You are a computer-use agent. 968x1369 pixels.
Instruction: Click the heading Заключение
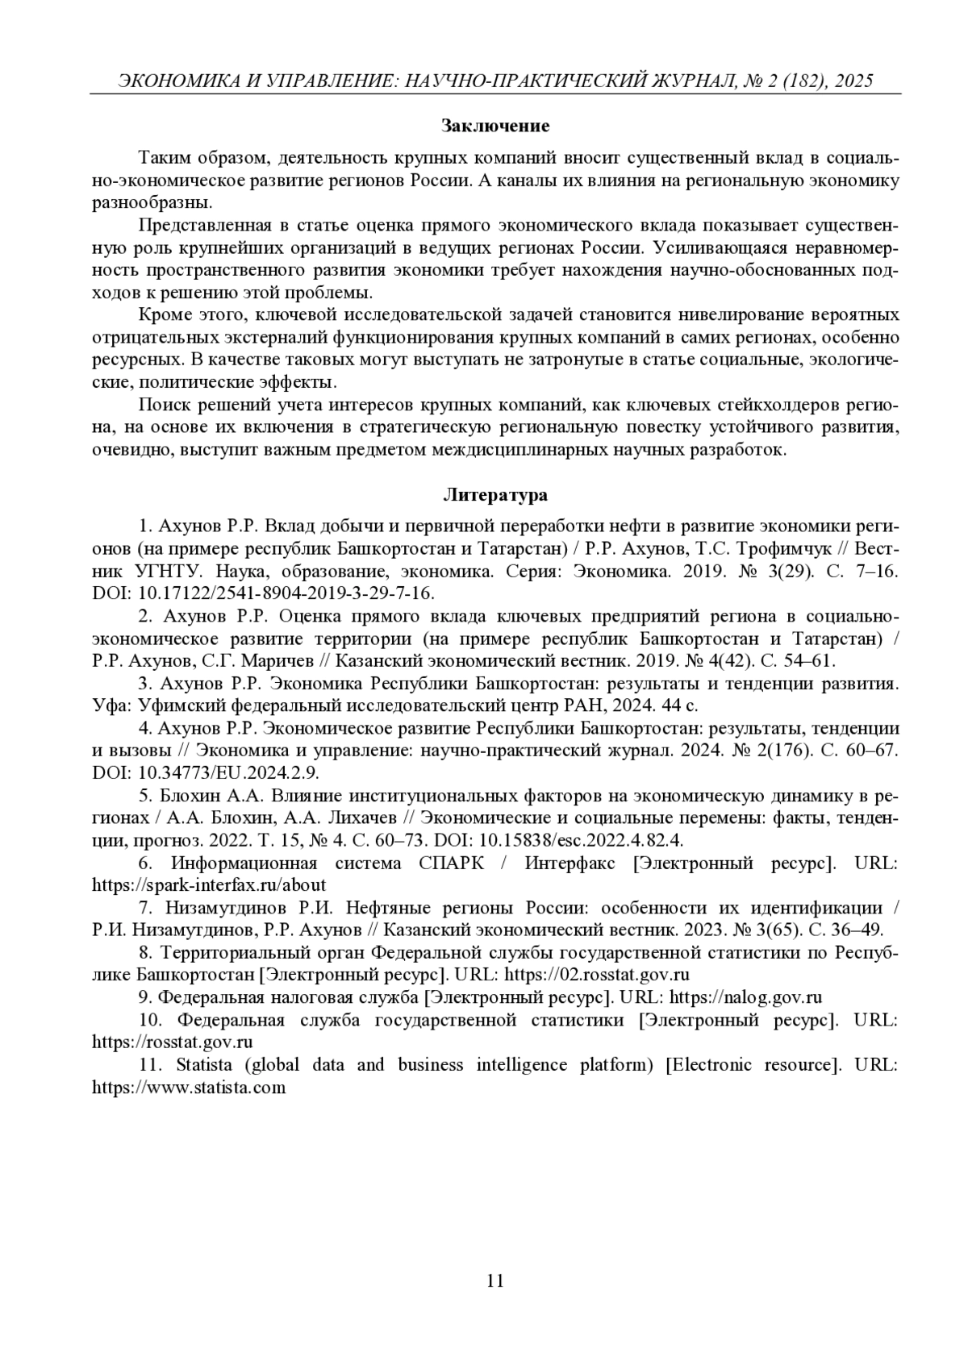tap(495, 126)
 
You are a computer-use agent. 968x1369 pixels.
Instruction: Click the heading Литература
tap(495, 494)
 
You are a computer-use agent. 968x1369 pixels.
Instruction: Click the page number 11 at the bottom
tap(495, 1280)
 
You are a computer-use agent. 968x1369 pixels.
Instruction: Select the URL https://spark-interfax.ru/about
tap(209, 884)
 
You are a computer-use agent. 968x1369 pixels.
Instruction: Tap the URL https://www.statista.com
tap(189, 1087)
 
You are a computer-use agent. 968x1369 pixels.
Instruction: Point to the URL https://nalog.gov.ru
tap(746, 997)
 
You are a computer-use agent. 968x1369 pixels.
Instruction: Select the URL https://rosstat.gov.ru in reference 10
tap(173, 1042)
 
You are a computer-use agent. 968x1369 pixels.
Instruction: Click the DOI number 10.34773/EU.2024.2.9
tap(229, 772)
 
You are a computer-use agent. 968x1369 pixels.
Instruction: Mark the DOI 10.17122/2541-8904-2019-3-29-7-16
tap(286, 593)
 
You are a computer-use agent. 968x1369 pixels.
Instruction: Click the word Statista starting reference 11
tap(203, 1064)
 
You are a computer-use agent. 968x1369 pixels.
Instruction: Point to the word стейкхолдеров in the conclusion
tap(774, 404)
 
